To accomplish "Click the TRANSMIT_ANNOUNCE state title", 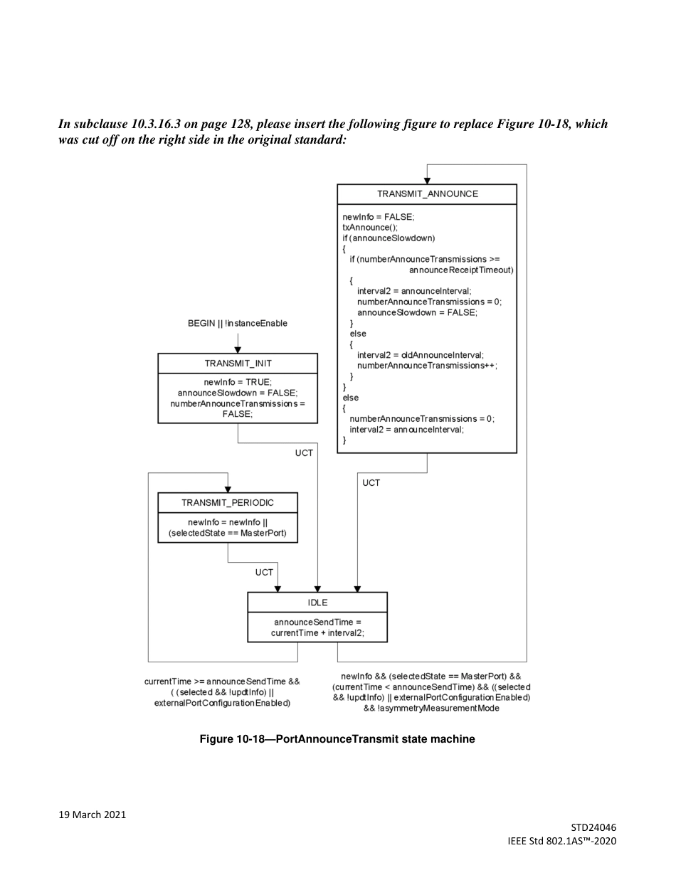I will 427,193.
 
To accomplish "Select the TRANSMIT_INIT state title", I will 238,364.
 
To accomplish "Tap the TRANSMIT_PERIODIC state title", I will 228,502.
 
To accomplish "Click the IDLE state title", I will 317,603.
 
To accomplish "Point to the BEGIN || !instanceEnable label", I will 238,323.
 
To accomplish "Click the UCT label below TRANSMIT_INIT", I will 304,453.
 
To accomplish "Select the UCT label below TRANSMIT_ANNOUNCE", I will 371,483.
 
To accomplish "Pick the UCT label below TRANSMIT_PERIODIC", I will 264,572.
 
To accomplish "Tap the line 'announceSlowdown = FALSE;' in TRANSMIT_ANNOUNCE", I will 417,312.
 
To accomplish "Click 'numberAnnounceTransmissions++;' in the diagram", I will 427,366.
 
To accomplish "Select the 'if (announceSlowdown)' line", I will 389,238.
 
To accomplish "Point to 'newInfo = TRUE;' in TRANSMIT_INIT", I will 238,382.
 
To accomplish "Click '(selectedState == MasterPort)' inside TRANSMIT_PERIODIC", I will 228,533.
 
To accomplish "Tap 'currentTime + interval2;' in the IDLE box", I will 317,632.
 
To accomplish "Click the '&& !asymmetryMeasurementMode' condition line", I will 431,708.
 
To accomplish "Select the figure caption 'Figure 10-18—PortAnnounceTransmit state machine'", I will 337,740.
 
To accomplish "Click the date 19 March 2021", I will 93,815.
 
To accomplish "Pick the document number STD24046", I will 593,827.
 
